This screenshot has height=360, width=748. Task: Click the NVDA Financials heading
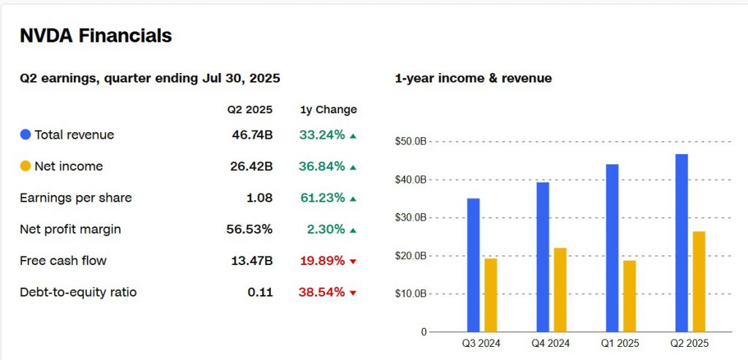click(x=96, y=36)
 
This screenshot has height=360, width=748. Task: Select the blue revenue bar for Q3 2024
click(x=473, y=264)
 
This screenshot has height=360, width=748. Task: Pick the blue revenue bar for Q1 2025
click(x=612, y=248)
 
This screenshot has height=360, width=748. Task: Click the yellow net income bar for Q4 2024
click(x=560, y=289)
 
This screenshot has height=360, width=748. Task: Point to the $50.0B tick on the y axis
click(x=411, y=142)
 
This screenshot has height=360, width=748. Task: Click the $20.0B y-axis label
click(x=411, y=256)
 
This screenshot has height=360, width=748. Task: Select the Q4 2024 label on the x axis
click(x=551, y=342)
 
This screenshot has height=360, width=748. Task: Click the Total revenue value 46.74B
click(x=252, y=135)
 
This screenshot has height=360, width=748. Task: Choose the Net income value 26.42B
click(x=252, y=166)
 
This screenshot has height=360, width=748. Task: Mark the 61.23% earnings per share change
click(x=321, y=198)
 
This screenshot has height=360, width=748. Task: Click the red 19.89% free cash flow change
click(x=321, y=261)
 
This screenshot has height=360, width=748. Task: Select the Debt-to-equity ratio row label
click(x=78, y=293)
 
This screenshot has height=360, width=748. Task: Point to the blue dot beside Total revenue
click(x=26, y=135)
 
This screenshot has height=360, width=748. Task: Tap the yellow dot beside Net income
click(x=26, y=166)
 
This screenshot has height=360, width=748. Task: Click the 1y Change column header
click(x=329, y=110)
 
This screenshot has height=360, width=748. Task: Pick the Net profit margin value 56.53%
click(x=249, y=229)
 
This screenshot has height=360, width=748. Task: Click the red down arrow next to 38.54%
click(x=353, y=293)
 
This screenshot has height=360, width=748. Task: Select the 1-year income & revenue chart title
click(x=473, y=78)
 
